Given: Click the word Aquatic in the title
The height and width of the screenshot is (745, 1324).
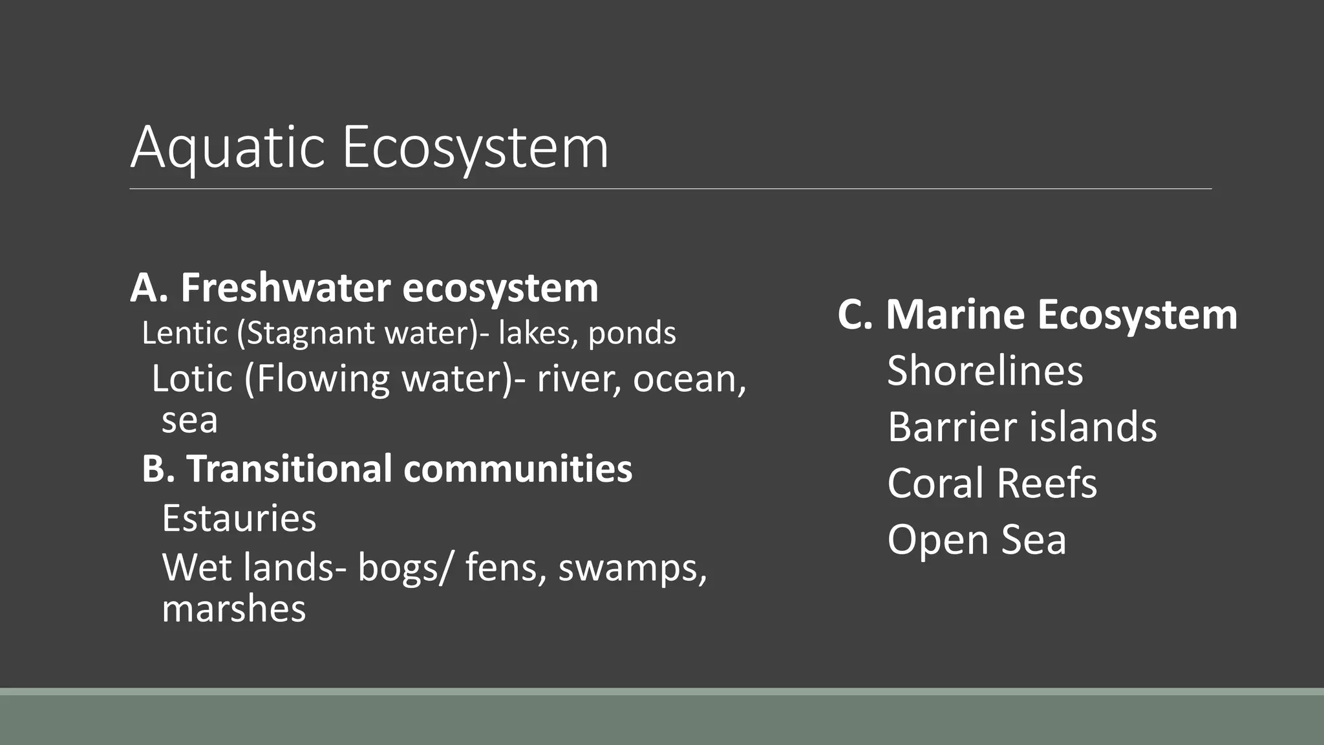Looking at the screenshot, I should click(227, 148).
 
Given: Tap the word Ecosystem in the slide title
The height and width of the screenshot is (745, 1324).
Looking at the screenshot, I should click(475, 148).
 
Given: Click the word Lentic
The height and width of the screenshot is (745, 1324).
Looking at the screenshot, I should click(185, 334).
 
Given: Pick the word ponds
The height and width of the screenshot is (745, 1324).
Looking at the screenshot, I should click(632, 334).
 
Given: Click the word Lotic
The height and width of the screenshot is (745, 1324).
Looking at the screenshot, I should click(192, 378).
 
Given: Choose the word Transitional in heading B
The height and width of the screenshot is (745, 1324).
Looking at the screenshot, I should click(289, 468).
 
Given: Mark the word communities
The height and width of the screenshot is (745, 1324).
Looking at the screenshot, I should click(518, 468).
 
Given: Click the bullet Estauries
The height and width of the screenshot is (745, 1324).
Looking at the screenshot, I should click(239, 518).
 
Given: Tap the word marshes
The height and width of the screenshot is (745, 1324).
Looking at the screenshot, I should click(234, 609).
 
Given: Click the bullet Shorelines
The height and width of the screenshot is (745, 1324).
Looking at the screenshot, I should click(985, 371).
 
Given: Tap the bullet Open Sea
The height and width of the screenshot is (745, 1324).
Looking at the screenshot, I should click(976, 539).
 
